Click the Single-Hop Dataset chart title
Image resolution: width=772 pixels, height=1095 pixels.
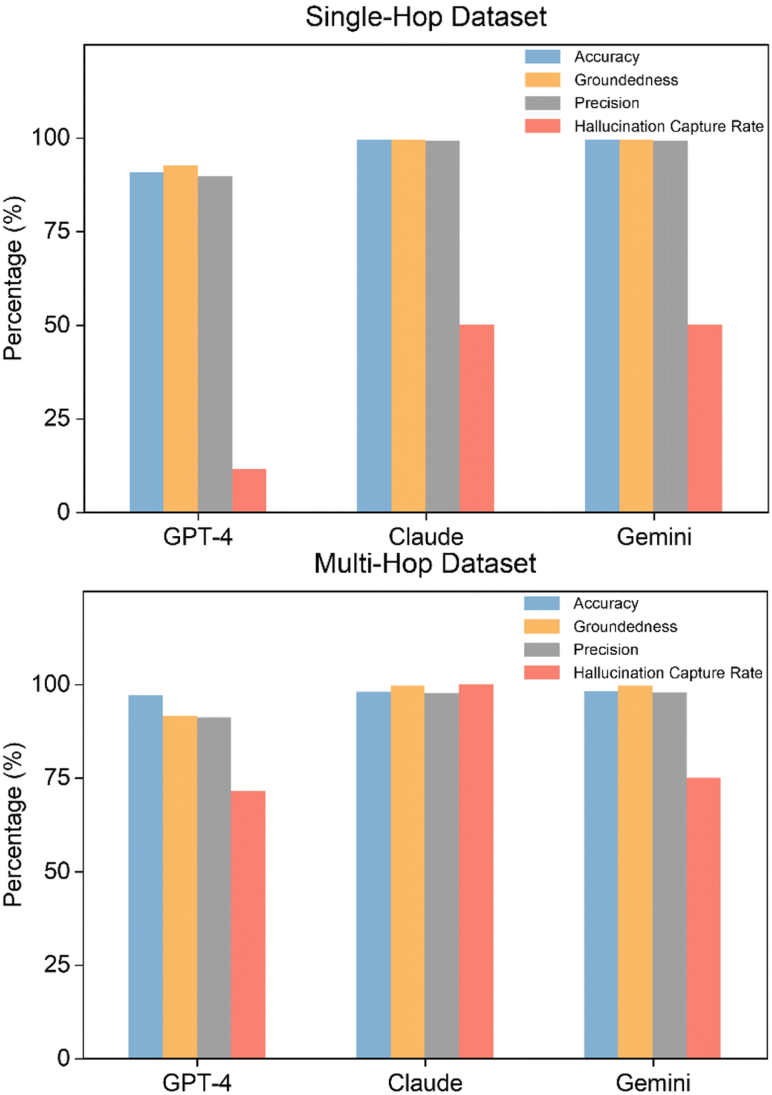(426, 17)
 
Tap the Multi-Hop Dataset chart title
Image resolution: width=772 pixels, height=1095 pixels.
(425, 564)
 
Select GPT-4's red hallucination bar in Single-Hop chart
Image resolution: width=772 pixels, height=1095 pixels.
(249, 490)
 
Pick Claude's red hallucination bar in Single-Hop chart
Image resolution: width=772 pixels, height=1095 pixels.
(477, 418)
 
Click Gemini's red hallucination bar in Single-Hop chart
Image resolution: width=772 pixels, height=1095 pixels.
(705, 418)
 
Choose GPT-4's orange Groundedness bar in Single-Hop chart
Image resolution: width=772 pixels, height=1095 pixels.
(181, 339)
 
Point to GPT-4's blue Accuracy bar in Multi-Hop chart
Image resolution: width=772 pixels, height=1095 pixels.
(145, 876)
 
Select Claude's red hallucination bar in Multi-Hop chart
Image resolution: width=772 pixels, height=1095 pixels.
(476, 871)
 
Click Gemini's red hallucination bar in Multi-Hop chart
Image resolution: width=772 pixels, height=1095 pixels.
(703, 918)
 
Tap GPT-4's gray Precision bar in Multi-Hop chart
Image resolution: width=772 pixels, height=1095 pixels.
(214, 887)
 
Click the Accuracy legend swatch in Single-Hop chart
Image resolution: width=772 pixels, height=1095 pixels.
(543, 57)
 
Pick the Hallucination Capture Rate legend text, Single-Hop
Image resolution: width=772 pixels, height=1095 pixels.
(669, 127)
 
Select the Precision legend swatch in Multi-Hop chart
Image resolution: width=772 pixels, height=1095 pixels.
(542, 650)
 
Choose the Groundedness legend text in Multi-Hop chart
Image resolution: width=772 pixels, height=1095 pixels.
(625, 627)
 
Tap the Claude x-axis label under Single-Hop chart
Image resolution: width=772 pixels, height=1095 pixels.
(426, 537)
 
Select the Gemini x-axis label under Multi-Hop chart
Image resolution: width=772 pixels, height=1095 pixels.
(653, 1083)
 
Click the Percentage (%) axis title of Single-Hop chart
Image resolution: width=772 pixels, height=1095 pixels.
(14, 278)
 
